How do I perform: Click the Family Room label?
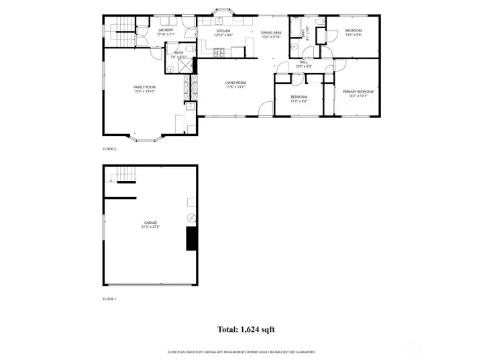pos(144,88)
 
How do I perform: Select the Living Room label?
pos(235,84)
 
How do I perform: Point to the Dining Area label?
pos(271,34)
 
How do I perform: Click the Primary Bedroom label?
pos(358,93)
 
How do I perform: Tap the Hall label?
pos(303,64)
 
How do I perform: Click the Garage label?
pos(150,224)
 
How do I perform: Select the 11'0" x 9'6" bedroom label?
pos(299,99)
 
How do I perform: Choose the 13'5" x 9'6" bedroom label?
pos(353,32)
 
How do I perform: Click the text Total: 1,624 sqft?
pos(246,329)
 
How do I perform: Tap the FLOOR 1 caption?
pos(109,298)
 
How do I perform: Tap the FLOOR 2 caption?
pos(109,149)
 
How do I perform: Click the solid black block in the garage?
pos(192,238)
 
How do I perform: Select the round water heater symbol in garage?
pos(191,218)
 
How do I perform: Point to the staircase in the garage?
pos(123,176)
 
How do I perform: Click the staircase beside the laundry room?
pos(121,26)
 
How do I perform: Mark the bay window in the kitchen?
pos(221,13)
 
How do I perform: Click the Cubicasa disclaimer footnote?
pos(241,352)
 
